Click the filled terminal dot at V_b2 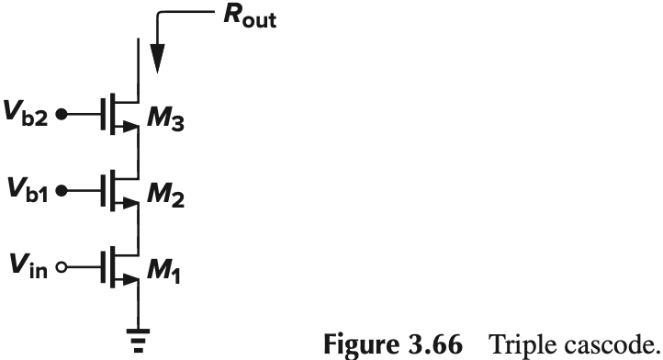[62, 117]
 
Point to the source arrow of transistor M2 [130, 207]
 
